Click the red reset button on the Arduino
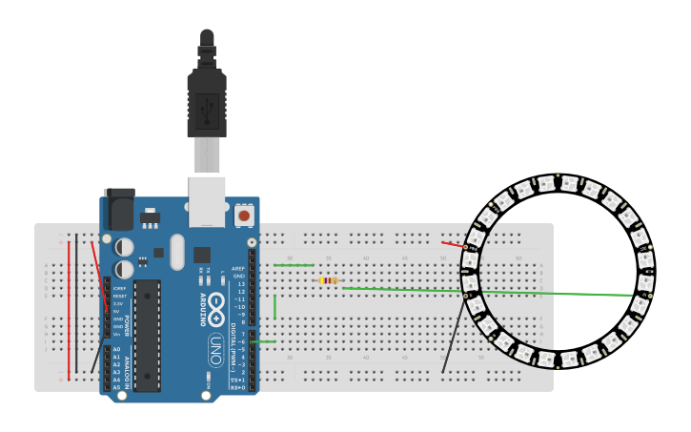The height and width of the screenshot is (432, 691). (245, 216)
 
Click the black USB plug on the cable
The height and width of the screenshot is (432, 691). (207, 102)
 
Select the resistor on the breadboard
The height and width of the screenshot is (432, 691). (329, 280)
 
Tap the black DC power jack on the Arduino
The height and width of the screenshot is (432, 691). (118, 210)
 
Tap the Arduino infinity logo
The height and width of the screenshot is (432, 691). (216, 306)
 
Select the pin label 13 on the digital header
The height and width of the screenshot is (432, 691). (241, 284)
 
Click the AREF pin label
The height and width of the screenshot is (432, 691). (238, 269)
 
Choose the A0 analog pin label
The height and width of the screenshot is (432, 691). (116, 349)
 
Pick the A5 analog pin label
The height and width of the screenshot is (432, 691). (116, 387)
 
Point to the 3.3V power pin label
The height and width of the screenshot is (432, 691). (118, 303)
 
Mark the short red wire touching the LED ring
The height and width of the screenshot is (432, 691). (453, 244)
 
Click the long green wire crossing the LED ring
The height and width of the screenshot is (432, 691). (534, 293)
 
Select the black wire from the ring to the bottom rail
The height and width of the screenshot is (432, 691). (454, 334)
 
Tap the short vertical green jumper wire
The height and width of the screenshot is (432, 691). (274, 306)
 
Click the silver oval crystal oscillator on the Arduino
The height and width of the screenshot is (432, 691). (177, 251)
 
